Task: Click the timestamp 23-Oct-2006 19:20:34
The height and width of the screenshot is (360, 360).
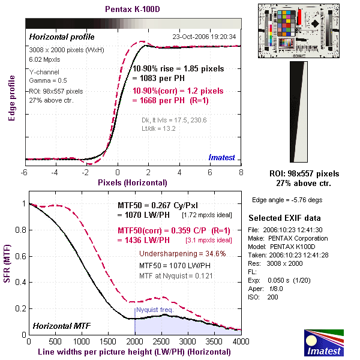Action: point(205,37)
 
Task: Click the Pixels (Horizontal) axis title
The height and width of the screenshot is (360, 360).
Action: point(133,182)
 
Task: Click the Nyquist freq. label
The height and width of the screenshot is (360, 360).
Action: point(155,310)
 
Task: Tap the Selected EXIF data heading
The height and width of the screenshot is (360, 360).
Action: point(284,218)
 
